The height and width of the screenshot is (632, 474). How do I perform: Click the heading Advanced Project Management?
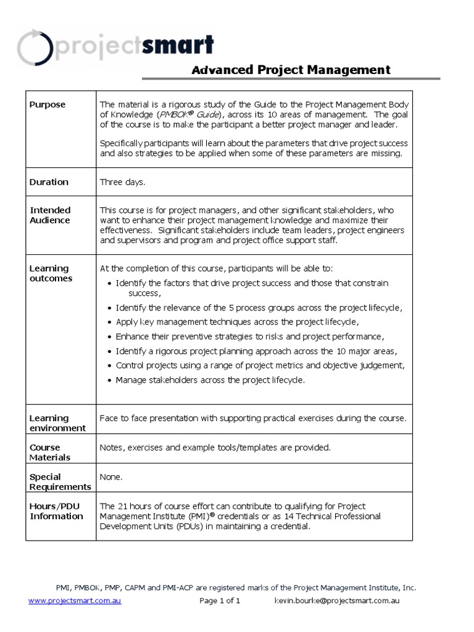pos(291,70)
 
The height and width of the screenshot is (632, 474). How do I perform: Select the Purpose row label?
pos(48,105)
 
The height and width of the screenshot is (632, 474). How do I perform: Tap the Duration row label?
pos(49,182)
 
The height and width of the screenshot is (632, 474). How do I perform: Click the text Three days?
pos(122,182)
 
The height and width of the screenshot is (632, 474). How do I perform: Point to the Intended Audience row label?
pos(51,215)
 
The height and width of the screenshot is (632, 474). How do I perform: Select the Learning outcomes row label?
pos(51,273)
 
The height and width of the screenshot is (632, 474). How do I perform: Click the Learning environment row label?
pos(58,423)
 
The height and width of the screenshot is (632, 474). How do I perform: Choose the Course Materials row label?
pos(50,452)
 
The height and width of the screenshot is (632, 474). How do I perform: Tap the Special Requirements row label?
pos(60,481)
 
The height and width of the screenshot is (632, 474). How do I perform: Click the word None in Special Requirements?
pos(111,477)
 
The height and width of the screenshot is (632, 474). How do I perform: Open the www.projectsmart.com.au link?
pos(75,601)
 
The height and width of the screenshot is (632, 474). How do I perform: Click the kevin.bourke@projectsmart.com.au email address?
pos(336,601)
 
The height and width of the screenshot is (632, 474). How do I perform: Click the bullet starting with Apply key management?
pos(236,322)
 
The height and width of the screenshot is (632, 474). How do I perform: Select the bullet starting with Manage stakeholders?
pos(210,380)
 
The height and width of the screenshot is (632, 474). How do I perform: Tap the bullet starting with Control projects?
pos(260,365)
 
